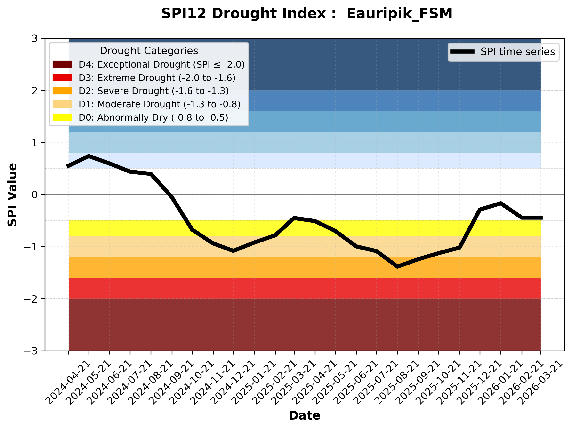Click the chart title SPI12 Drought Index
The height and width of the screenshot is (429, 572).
click(307, 13)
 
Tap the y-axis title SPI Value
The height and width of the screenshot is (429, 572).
click(12, 195)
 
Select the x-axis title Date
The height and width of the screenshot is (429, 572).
click(304, 416)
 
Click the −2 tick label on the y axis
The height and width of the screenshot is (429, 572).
click(31, 299)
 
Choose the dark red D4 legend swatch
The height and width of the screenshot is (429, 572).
click(62, 64)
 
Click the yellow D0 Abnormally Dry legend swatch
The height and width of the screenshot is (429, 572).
click(62, 117)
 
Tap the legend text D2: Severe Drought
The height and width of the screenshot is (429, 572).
click(153, 91)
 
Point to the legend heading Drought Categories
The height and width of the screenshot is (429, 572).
click(149, 51)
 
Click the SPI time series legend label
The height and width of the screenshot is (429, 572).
click(518, 52)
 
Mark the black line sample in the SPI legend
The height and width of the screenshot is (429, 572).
click(462, 52)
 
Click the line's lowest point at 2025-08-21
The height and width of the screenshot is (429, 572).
click(397, 266)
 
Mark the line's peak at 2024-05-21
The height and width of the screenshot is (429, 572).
click(89, 156)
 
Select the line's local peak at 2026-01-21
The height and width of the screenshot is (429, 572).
click(501, 203)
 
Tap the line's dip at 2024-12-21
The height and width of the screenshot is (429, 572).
click(234, 250)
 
